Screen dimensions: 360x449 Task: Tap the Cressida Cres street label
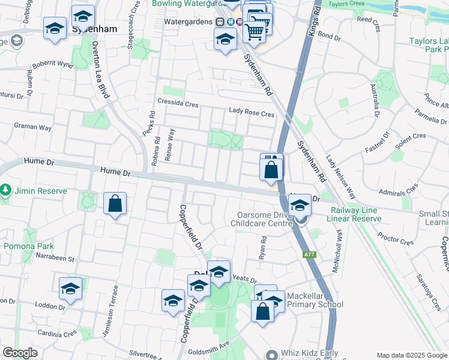pyautogui.click(x=178, y=103)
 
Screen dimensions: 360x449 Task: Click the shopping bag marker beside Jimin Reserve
pyautogui.click(x=115, y=204)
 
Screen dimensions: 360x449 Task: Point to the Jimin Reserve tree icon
pyautogui.click(x=6, y=190)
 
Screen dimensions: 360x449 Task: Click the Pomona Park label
pyautogui.click(x=29, y=246)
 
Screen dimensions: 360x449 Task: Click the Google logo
pyautogui.click(x=20, y=353)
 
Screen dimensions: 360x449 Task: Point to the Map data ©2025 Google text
pyautogui.click(x=411, y=355)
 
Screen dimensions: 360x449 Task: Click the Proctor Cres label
pyautogui.click(x=396, y=240)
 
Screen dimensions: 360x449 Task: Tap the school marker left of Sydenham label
pyautogui.click(x=55, y=28)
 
